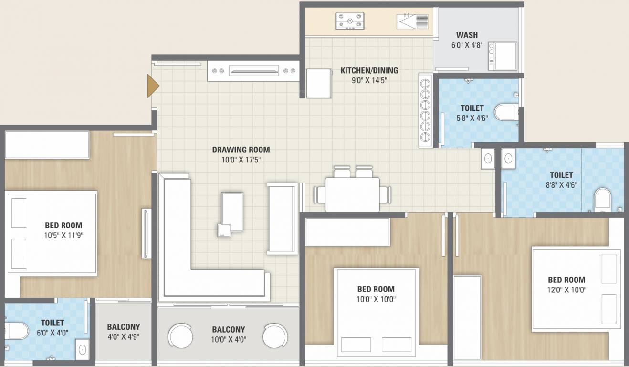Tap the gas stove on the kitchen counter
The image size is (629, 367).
pyautogui.click(x=350, y=21)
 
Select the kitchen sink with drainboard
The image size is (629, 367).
pyautogui.click(x=412, y=21)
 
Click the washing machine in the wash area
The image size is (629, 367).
pyautogui.click(x=503, y=56)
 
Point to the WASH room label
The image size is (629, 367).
pyautogui.click(x=467, y=35)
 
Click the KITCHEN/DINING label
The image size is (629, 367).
pyautogui.click(x=369, y=70)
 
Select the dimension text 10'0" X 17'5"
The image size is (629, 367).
pyautogui.click(x=241, y=160)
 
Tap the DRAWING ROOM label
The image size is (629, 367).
pyautogui.click(x=241, y=150)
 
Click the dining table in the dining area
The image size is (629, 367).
pyautogui.click(x=352, y=194)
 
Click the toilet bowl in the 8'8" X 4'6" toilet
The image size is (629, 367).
pyautogui.click(x=603, y=200)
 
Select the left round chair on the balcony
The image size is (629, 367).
pyautogui.click(x=180, y=336)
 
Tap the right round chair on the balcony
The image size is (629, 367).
pyautogui.click(x=275, y=336)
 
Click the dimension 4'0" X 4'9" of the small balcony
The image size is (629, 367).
pyautogui.click(x=124, y=336)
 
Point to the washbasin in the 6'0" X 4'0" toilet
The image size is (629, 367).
pyautogui.click(x=83, y=350)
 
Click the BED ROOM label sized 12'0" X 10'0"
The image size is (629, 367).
pyautogui.click(x=566, y=280)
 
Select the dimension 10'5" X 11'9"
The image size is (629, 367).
pyautogui.click(x=64, y=236)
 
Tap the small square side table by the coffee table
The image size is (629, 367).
pyautogui.click(x=224, y=231)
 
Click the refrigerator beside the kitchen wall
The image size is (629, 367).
pyautogui.click(x=319, y=84)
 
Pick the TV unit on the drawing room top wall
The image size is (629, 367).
pyautogui.click(x=253, y=71)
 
